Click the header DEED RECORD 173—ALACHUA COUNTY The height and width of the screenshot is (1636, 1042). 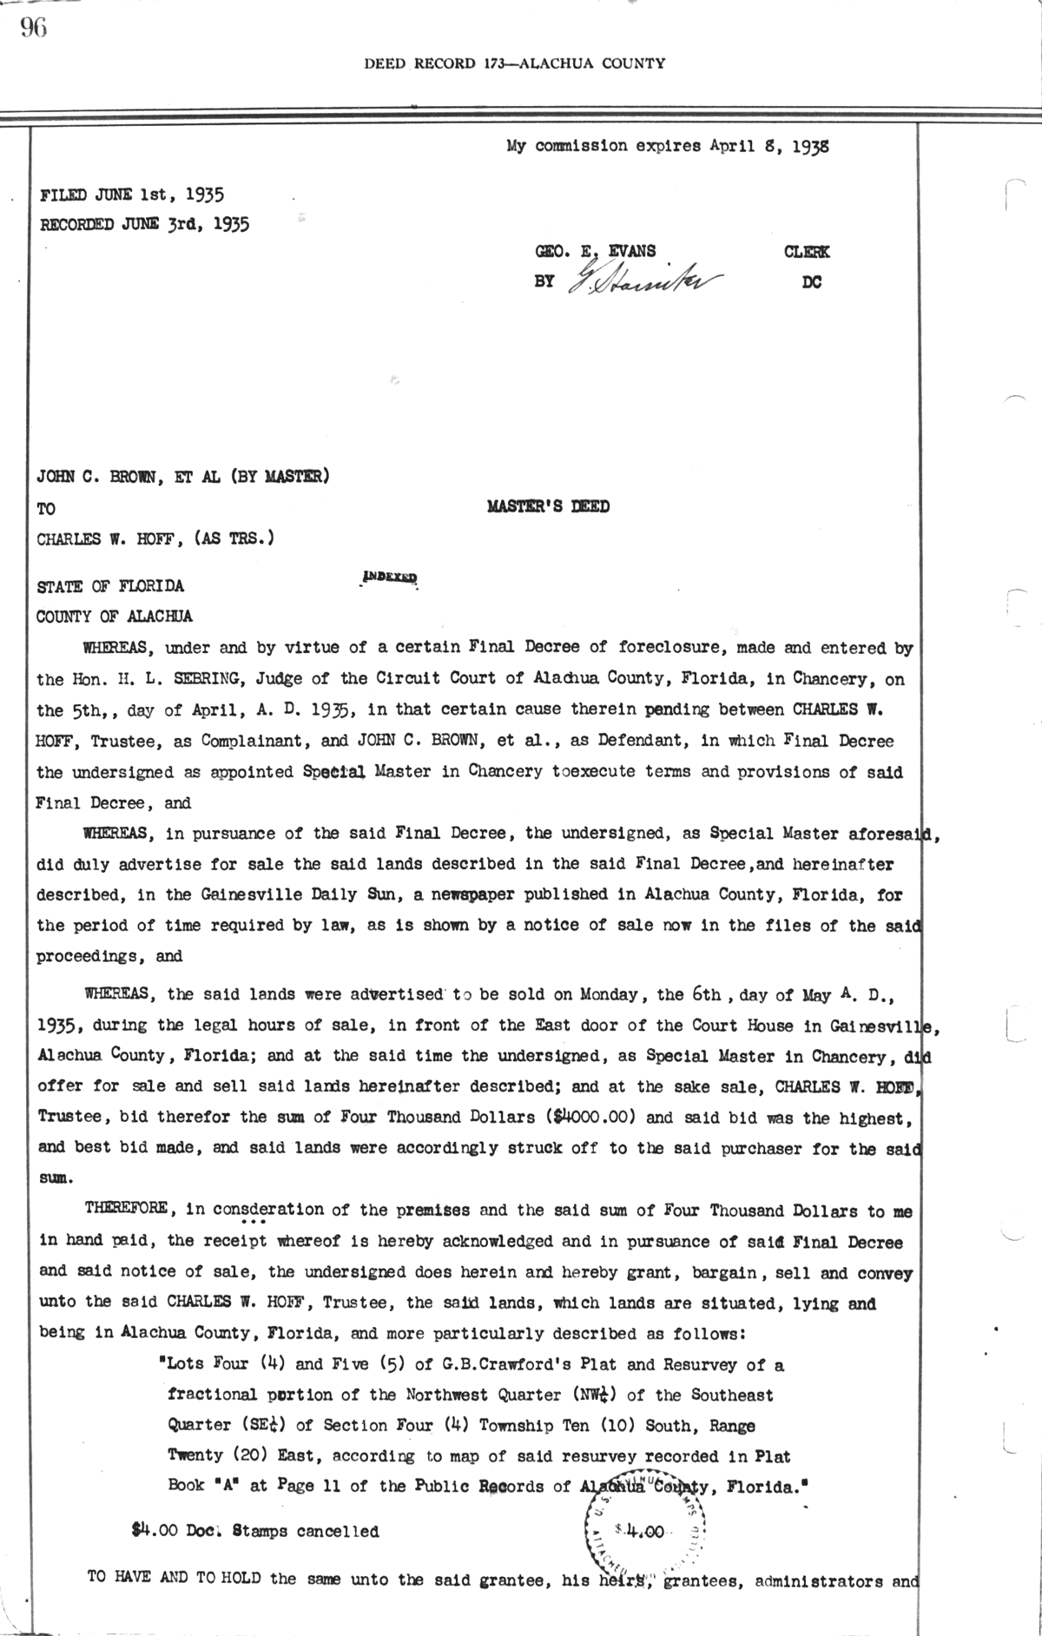click(x=515, y=63)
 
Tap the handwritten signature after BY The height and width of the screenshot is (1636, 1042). click(x=646, y=280)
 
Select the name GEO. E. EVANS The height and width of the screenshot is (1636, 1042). click(x=596, y=252)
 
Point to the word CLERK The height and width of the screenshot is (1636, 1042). click(x=807, y=252)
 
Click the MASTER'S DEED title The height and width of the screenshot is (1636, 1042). click(x=548, y=506)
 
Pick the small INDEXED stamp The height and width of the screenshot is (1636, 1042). click(x=390, y=577)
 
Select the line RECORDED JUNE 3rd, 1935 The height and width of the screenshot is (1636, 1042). click(x=145, y=224)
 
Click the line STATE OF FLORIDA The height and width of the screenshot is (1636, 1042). click(x=110, y=586)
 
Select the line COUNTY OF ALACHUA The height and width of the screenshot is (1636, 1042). click(x=115, y=617)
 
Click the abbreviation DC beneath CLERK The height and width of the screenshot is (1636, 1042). click(x=813, y=282)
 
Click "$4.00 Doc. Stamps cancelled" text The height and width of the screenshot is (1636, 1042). click(x=254, y=1532)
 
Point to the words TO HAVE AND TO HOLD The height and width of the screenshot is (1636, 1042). click(x=175, y=1578)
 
